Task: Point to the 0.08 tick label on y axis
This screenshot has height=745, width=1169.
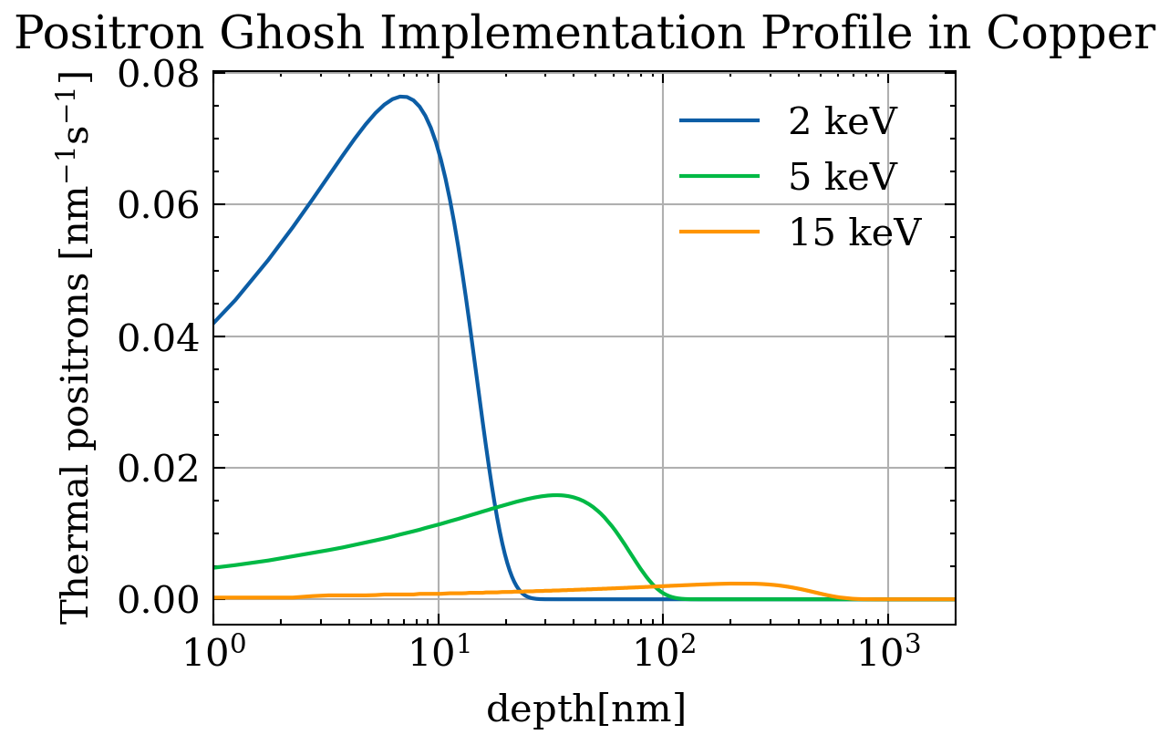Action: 158,74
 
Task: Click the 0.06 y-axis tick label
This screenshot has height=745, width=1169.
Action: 158,205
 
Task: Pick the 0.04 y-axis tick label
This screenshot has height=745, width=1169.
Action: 158,336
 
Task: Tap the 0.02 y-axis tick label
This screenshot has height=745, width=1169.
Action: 158,468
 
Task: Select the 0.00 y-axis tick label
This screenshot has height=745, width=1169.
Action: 158,599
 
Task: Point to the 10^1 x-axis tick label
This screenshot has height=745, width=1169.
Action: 439,651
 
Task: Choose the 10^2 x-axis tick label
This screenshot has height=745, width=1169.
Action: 663,651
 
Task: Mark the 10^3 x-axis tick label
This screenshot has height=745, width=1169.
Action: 887,651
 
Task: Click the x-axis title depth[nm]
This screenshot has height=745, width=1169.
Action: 584,709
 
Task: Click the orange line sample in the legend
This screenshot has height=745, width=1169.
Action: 720,233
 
